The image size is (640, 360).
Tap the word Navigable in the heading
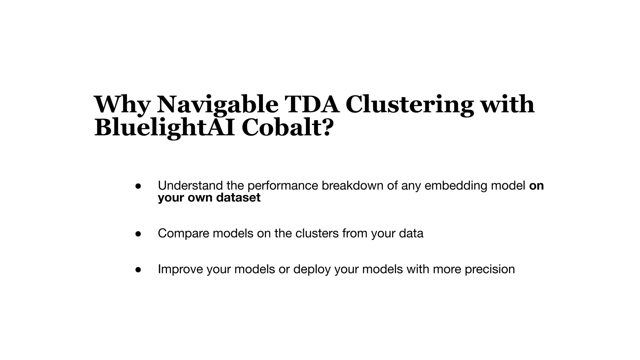(217, 105)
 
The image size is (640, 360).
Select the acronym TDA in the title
(312, 105)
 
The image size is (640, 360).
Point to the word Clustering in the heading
(409, 105)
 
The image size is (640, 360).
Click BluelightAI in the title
(164, 128)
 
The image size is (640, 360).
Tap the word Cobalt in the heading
(281, 128)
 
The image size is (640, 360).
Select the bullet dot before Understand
(138, 186)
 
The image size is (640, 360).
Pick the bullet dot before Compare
(138, 234)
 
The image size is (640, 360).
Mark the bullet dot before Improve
(138, 270)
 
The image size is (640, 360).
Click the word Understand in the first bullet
(190, 186)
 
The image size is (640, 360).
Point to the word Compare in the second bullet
(183, 233)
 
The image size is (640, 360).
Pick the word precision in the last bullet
(490, 269)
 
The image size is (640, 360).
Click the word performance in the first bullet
(282, 186)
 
